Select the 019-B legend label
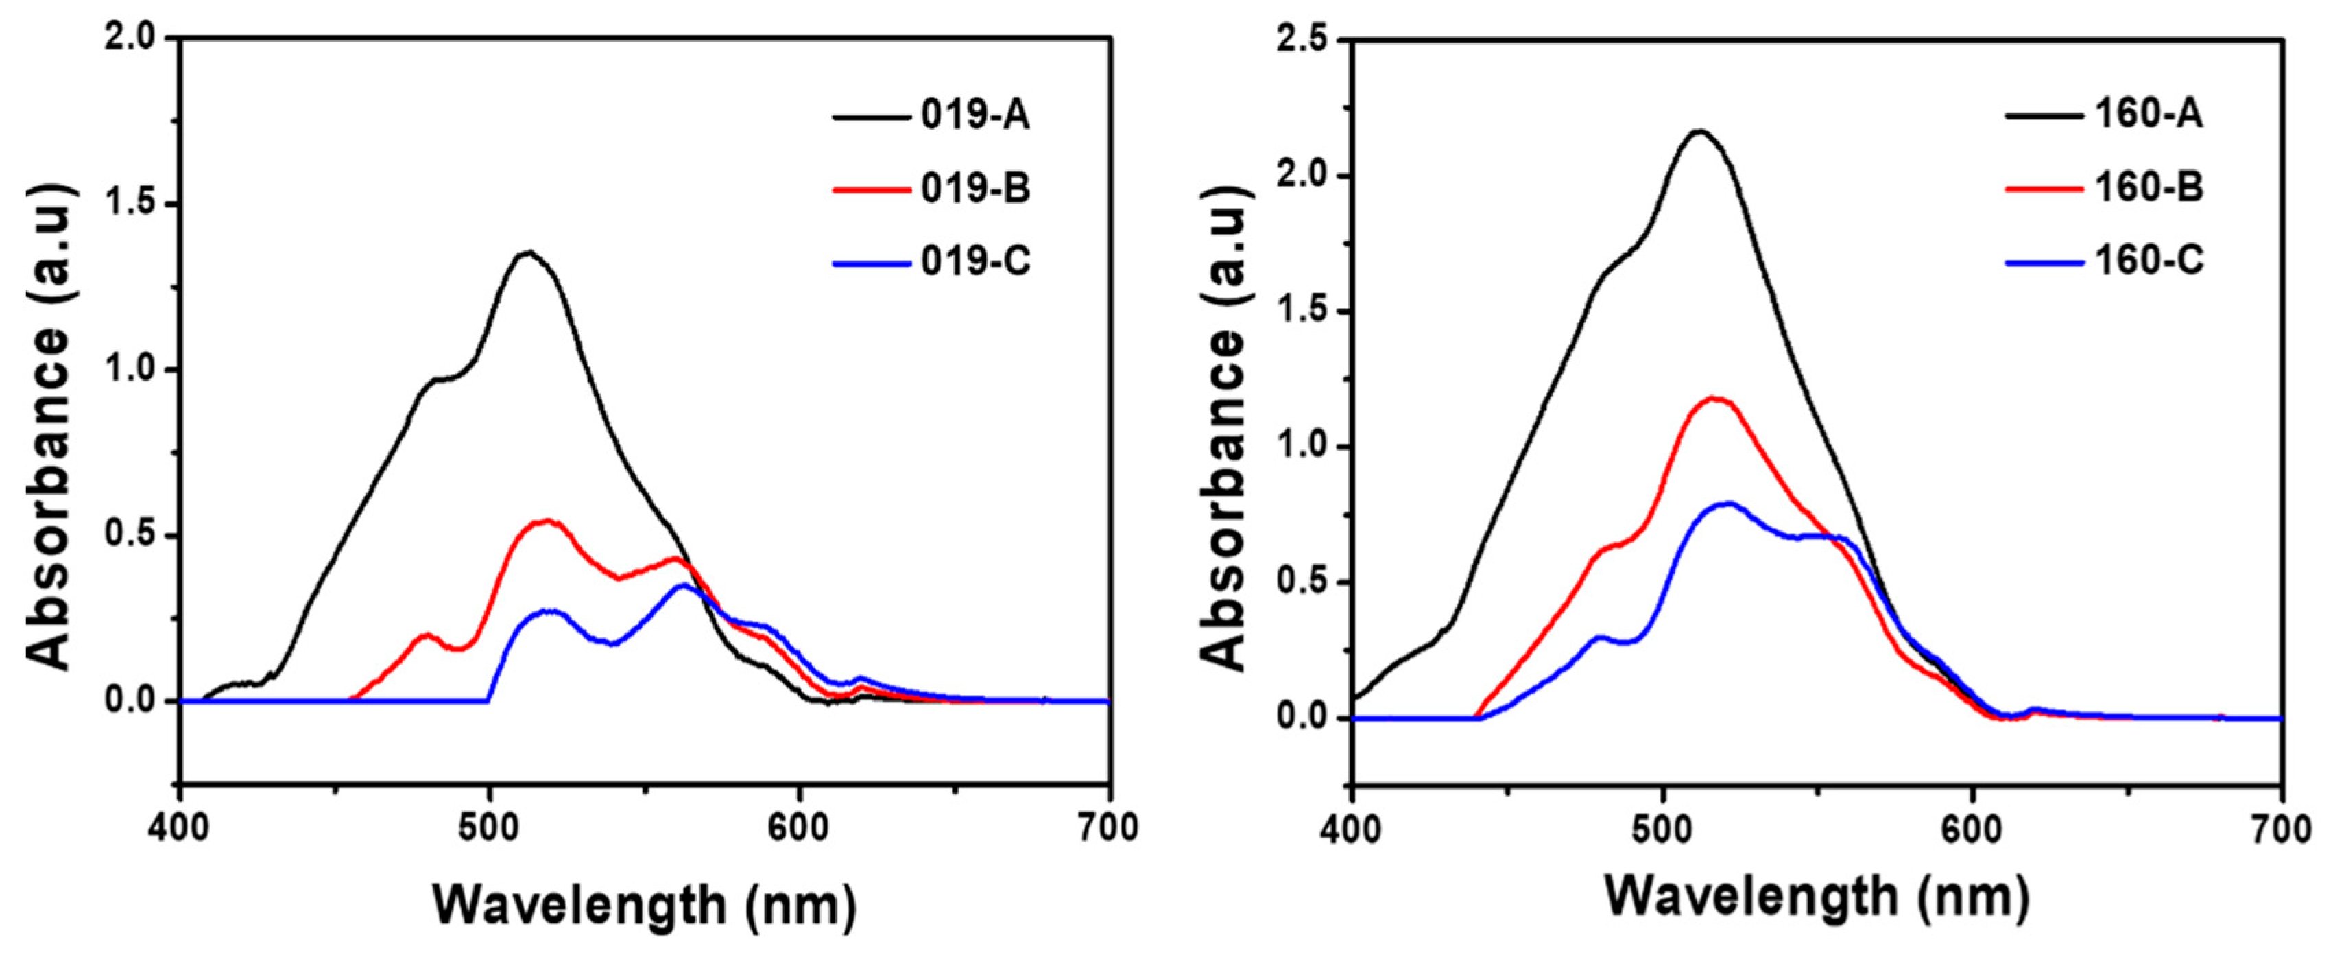[975, 189]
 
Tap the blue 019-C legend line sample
[870, 263]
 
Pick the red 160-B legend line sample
[2044, 189]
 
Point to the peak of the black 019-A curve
[528, 252]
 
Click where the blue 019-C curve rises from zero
[489, 700]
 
